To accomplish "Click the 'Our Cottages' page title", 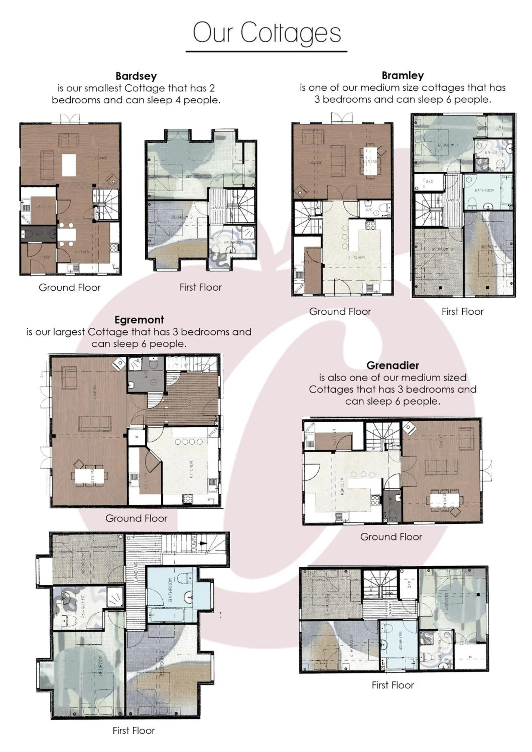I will pos(267,33).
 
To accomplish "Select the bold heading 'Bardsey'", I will pos(136,76).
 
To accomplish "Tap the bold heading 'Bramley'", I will pos(403,75).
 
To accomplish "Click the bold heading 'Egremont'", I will pos(139,319).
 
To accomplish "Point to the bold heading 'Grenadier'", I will pos(393,365).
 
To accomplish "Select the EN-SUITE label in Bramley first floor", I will pos(494,152).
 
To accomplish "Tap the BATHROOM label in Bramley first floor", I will pos(484,190).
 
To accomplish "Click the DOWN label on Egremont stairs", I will pos(194,544).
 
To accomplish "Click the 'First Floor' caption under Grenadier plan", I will pos(393,685).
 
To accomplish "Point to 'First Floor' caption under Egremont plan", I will pos(134,730).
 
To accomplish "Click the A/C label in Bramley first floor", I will pos(429,181).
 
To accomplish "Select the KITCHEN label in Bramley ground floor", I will pos(356,257).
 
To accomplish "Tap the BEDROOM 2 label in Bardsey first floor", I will pos(182,217).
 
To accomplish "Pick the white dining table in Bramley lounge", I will pos(370,162).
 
